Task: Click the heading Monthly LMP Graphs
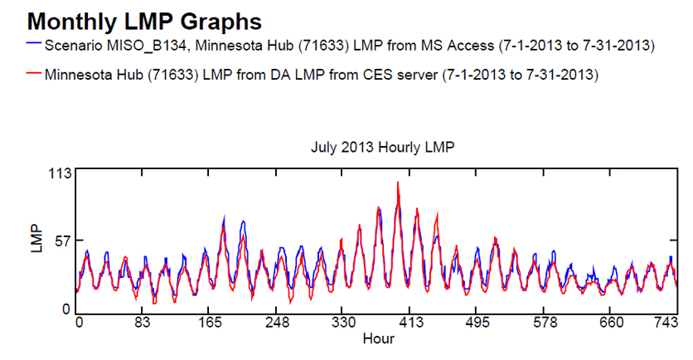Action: pyautogui.click(x=144, y=22)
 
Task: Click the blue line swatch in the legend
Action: pyautogui.click(x=34, y=43)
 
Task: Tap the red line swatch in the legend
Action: pyautogui.click(x=34, y=72)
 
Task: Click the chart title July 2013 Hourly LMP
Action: pyautogui.click(x=382, y=147)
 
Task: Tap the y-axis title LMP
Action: pyautogui.click(x=36, y=239)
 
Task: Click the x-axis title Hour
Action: pyautogui.click(x=378, y=338)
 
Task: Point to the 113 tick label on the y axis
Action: pyautogui.click(x=61, y=173)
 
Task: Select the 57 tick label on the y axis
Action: pyautogui.click(x=64, y=241)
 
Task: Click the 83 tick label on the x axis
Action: pyautogui.click(x=143, y=323)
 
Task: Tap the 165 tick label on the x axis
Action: pyautogui.click(x=210, y=323)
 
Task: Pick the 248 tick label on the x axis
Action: pyautogui.click(x=277, y=323)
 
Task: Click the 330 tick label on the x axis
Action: pyautogui.click(x=343, y=323)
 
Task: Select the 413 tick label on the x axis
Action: pyautogui.click(x=410, y=323)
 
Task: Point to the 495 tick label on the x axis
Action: pyautogui.click(x=477, y=323)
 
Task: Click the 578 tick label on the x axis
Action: pyautogui.click(x=545, y=323)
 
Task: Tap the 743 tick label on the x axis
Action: pyautogui.click(x=666, y=323)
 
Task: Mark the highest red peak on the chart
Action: pyautogui.click(x=398, y=182)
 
